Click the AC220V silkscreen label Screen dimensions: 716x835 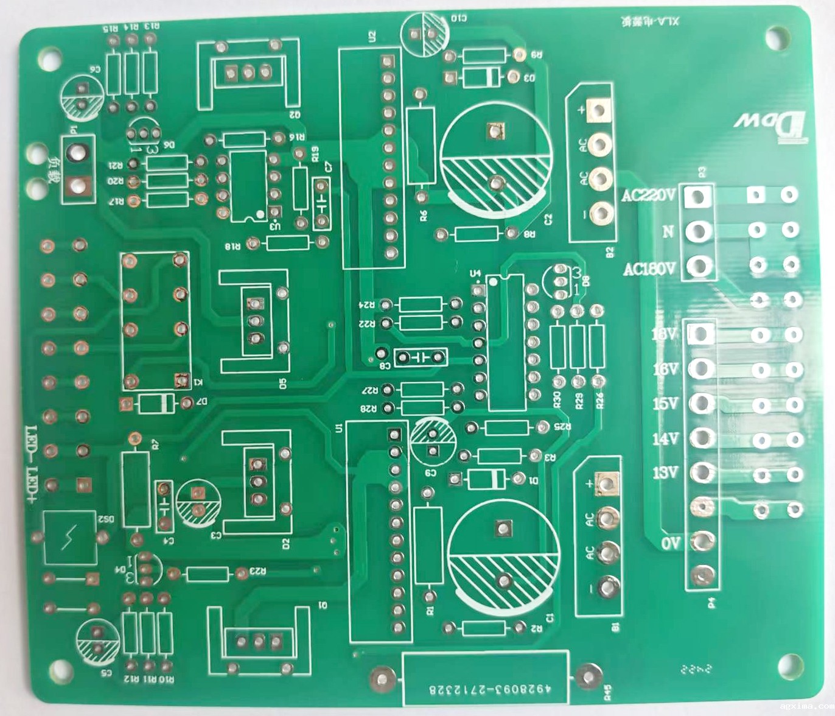pos(648,196)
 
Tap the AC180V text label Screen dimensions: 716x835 pos(649,268)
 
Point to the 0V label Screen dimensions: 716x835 pos(669,543)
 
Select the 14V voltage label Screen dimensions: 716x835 pos(665,438)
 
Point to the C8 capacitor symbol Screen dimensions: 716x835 pos(420,357)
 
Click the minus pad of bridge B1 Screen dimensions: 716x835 pos(607,588)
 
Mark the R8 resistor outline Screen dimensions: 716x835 pos(476,234)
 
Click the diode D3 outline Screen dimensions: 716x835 pos(481,77)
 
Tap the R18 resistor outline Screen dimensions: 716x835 pos(287,244)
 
